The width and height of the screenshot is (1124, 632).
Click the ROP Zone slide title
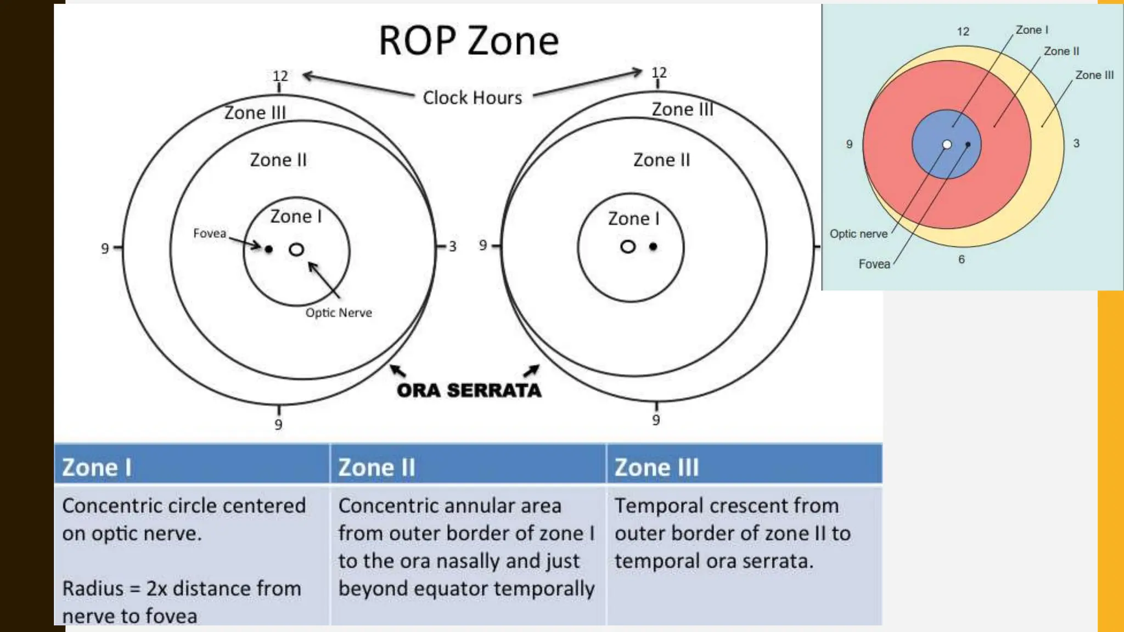pyautogui.click(x=469, y=41)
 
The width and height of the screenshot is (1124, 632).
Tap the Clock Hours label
pyautogui.click(x=472, y=98)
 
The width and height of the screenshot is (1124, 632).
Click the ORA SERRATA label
pyautogui.click(x=469, y=390)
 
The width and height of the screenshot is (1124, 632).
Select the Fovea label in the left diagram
pyautogui.click(x=209, y=233)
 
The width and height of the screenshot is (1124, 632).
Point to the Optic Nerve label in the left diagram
pyautogui.click(x=339, y=313)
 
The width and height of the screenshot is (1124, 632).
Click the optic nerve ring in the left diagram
pyautogui.click(x=296, y=250)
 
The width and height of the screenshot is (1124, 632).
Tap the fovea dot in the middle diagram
pyautogui.click(x=653, y=247)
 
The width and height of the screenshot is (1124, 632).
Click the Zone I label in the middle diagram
pyautogui.click(x=633, y=218)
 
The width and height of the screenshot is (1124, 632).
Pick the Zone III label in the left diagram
pyautogui.click(x=255, y=112)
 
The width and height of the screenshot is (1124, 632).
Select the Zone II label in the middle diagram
pyautogui.click(x=661, y=160)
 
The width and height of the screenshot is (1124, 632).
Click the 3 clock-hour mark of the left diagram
pyautogui.click(x=452, y=246)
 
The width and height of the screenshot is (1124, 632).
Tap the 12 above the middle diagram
pyautogui.click(x=659, y=72)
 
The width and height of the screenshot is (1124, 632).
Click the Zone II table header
pyautogui.click(x=376, y=467)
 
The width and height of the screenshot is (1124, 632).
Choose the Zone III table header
pyautogui.click(x=656, y=467)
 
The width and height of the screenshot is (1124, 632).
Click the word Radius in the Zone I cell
pyautogui.click(x=93, y=588)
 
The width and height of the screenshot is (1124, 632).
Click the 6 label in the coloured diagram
pyautogui.click(x=962, y=259)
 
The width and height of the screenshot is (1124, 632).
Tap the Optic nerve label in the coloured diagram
pyautogui.click(x=858, y=234)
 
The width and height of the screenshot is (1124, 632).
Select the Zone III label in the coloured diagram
pyautogui.click(x=1094, y=75)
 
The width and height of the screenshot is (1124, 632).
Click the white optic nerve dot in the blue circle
pyautogui.click(x=947, y=144)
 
